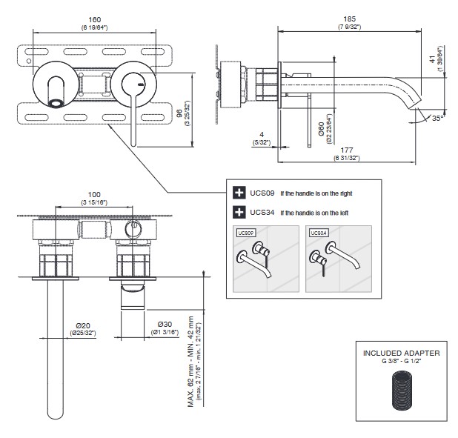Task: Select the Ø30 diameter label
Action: (164, 325)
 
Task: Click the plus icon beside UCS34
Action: (239, 213)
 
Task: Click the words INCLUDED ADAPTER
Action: (401, 353)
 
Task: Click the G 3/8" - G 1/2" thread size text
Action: (401, 361)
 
